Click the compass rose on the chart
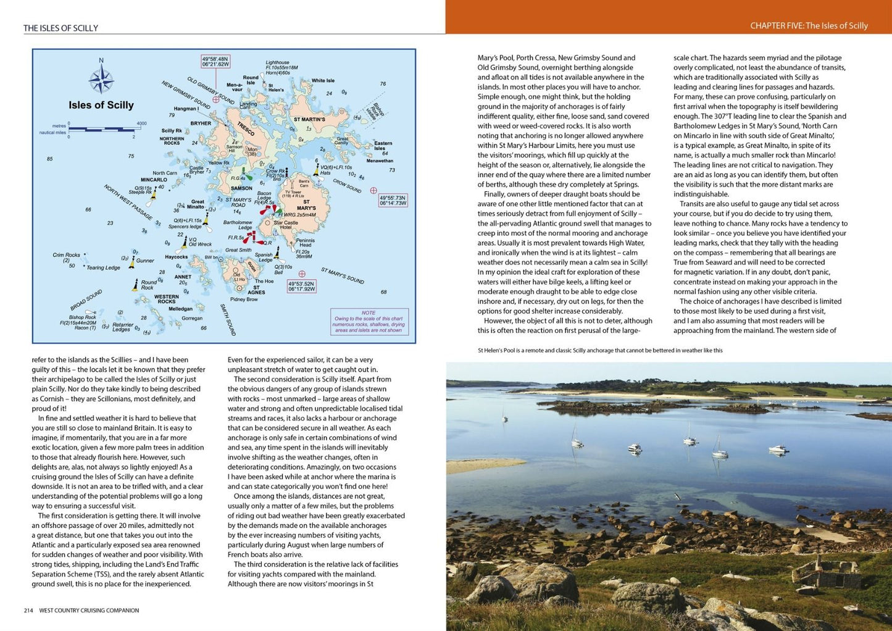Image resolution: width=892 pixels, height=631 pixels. pyautogui.click(x=101, y=79)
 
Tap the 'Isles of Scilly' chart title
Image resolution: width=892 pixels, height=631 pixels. pyautogui.click(x=101, y=105)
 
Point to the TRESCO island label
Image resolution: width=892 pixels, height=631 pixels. pyautogui.click(x=246, y=128)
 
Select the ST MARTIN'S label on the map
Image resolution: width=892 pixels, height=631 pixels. pyautogui.click(x=309, y=119)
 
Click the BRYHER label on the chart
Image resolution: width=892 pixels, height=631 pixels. pyautogui.click(x=201, y=123)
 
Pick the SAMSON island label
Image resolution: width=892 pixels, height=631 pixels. pyautogui.click(x=241, y=188)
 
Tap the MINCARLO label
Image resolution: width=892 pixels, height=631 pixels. pyautogui.click(x=154, y=180)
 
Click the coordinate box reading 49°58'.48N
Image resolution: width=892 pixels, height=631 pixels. pyautogui.click(x=215, y=61)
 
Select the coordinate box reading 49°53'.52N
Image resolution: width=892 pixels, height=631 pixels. pyautogui.click(x=302, y=285)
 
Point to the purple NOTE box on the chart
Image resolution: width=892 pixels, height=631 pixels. pyautogui.click(x=369, y=322)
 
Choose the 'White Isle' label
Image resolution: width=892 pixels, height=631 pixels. pyautogui.click(x=323, y=81)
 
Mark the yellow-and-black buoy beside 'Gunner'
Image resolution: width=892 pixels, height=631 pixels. pyautogui.click(x=131, y=262)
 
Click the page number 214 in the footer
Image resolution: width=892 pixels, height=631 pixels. pyautogui.click(x=28, y=611)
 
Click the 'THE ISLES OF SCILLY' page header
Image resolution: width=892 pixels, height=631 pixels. pyautogui.click(x=60, y=28)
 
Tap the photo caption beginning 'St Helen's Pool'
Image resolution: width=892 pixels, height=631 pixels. pyautogui.click(x=599, y=351)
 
